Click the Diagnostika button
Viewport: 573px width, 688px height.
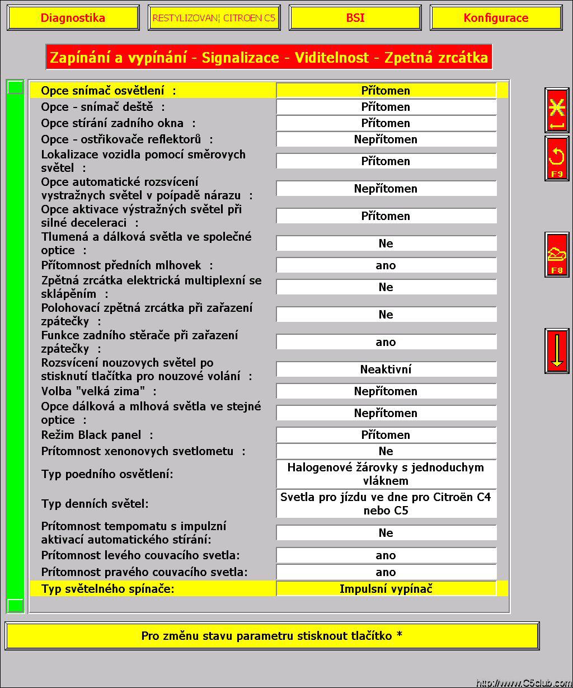click(73, 18)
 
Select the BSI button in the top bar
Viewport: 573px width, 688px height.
click(355, 18)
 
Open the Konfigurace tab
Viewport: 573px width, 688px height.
click(496, 18)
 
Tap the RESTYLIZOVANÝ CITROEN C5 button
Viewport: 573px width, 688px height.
click(214, 18)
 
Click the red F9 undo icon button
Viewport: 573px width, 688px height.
click(557, 158)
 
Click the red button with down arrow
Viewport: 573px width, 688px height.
click(557, 351)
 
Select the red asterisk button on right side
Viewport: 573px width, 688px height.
click(557, 110)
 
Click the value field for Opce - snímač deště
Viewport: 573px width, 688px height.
click(386, 107)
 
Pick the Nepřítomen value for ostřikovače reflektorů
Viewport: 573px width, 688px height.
click(386, 139)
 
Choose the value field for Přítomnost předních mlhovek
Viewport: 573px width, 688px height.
click(386, 265)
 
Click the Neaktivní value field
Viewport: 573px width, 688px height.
click(386, 369)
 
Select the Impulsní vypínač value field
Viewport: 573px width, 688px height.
click(386, 589)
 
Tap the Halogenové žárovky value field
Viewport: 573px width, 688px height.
click(386, 474)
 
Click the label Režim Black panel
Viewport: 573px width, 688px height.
click(97, 435)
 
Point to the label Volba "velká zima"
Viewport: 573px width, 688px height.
click(99, 391)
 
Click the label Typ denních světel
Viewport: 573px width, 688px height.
click(95, 504)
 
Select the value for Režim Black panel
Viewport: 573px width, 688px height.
click(386, 435)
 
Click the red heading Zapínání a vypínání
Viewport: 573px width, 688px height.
click(269, 57)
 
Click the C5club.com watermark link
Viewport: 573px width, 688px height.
click(524, 682)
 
